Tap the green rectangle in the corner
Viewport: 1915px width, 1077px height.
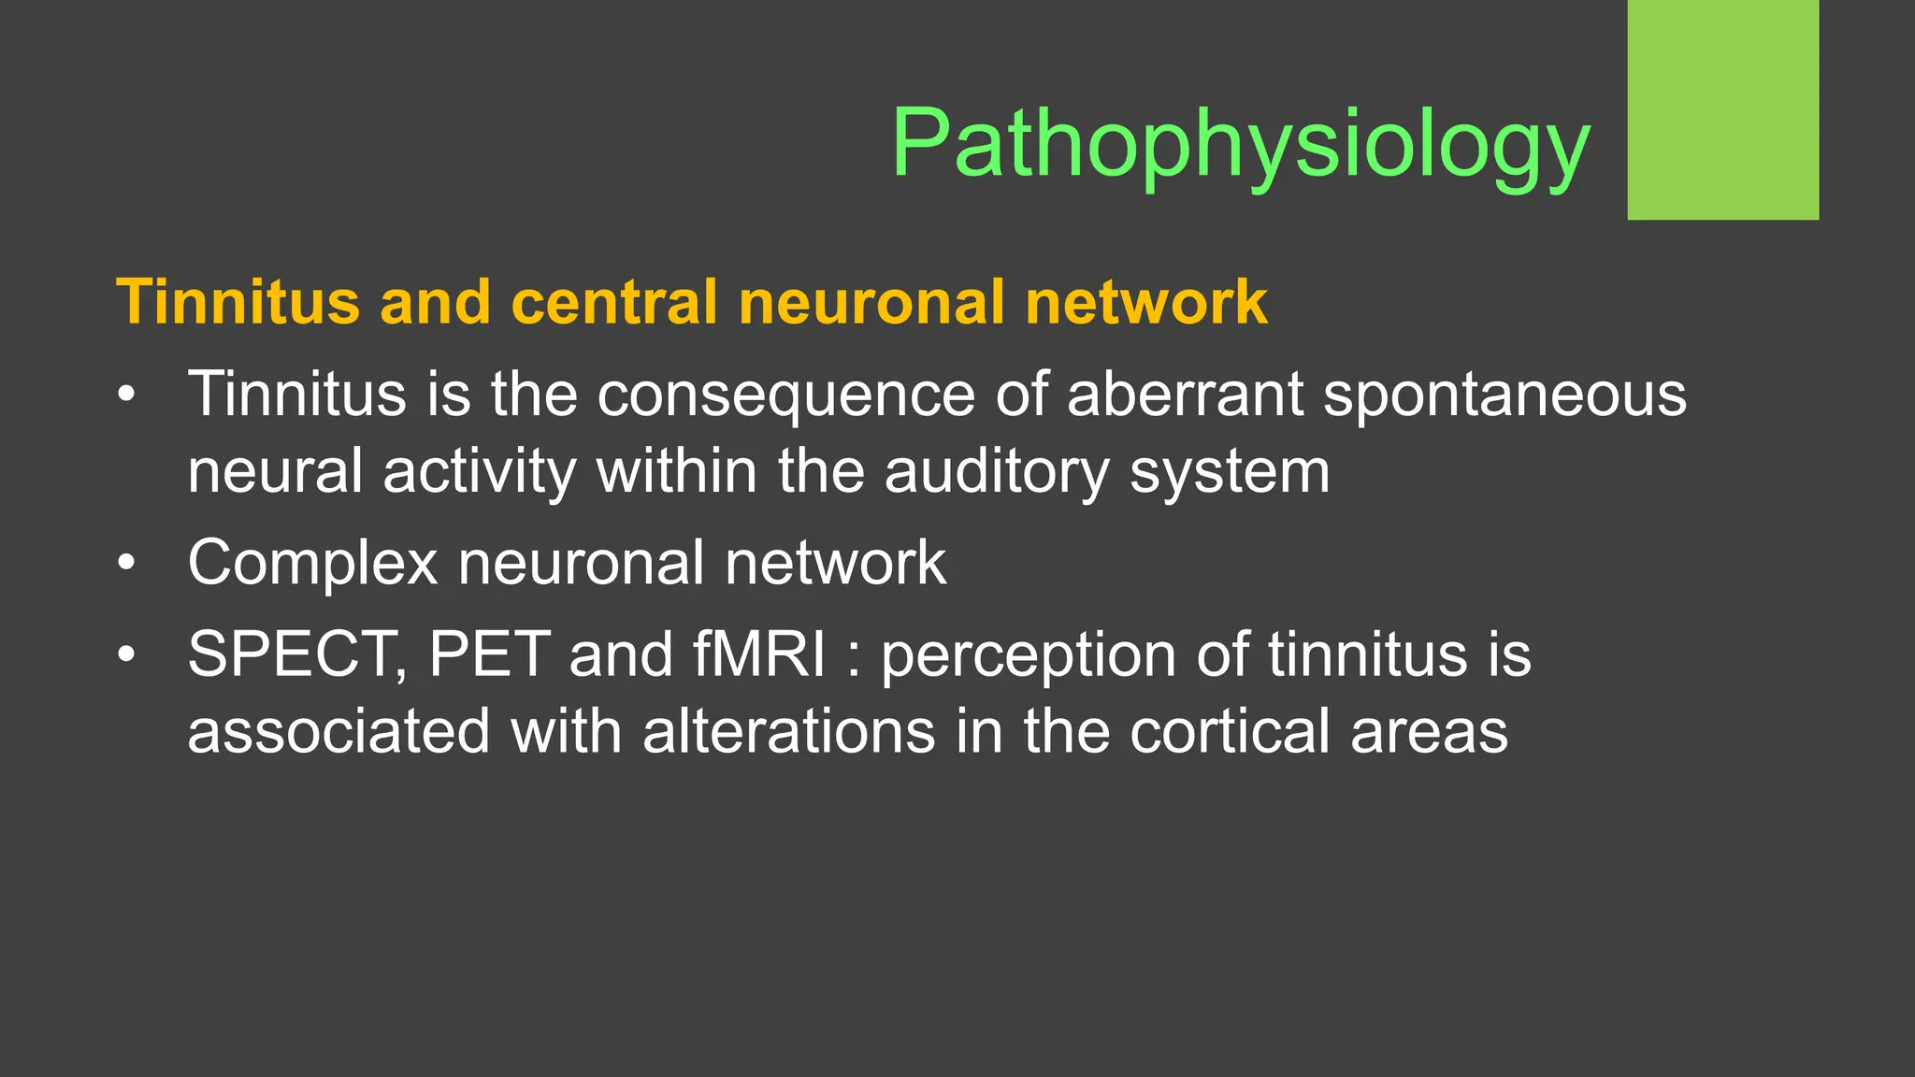(1722, 109)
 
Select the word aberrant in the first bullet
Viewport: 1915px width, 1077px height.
(1185, 394)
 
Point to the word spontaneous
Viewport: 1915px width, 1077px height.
(1505, 395)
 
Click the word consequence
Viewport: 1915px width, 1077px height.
(786, 395)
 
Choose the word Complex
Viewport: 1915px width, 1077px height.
(312, 564)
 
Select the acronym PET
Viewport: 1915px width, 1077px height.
(489, 653)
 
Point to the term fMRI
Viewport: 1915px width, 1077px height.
(759, 653)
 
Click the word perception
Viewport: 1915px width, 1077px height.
(1029, 655)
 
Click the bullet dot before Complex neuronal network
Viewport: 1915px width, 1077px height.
(127, 564)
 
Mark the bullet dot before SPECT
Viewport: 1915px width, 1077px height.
(127, 654)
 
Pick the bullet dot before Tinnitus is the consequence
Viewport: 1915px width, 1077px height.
(127, 395)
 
